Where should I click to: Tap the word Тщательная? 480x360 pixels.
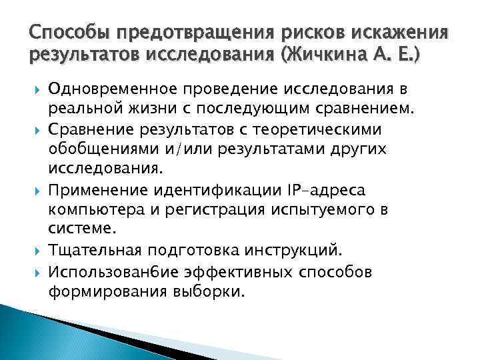click(x=93, y=251)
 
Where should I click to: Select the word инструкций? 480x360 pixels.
click(x=295, y=251)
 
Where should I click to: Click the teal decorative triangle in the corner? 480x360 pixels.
click(x=27, y=333)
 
